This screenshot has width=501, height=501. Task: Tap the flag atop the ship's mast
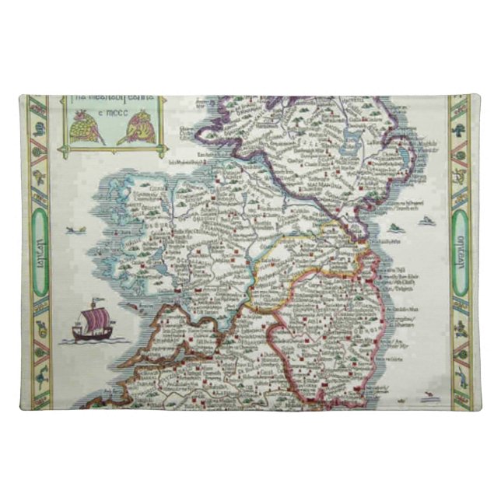click(x=93, y=300)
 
